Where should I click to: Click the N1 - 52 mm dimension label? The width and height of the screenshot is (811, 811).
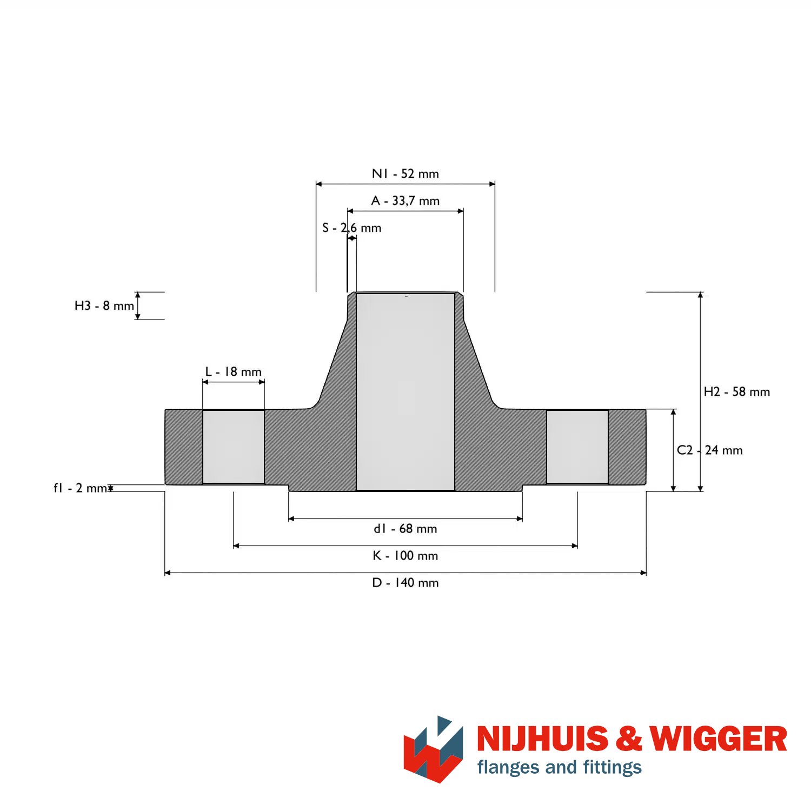tap(405, 174)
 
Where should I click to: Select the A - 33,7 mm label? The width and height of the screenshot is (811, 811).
tap(405, 201)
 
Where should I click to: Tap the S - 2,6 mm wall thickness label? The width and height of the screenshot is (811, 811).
tap(351, 228)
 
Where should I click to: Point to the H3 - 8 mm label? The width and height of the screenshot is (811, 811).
tap(104, 305)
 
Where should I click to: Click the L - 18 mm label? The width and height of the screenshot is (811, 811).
tap(233, 371)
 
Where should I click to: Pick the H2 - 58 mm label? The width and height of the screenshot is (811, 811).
tap(736, 391)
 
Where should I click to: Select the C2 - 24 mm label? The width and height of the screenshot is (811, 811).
tap(709, 450)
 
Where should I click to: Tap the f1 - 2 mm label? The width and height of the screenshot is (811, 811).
tap(80, 488)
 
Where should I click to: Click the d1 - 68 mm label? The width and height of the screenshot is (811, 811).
tap(405, 528)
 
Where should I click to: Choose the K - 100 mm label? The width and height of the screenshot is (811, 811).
tap(405, 555)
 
